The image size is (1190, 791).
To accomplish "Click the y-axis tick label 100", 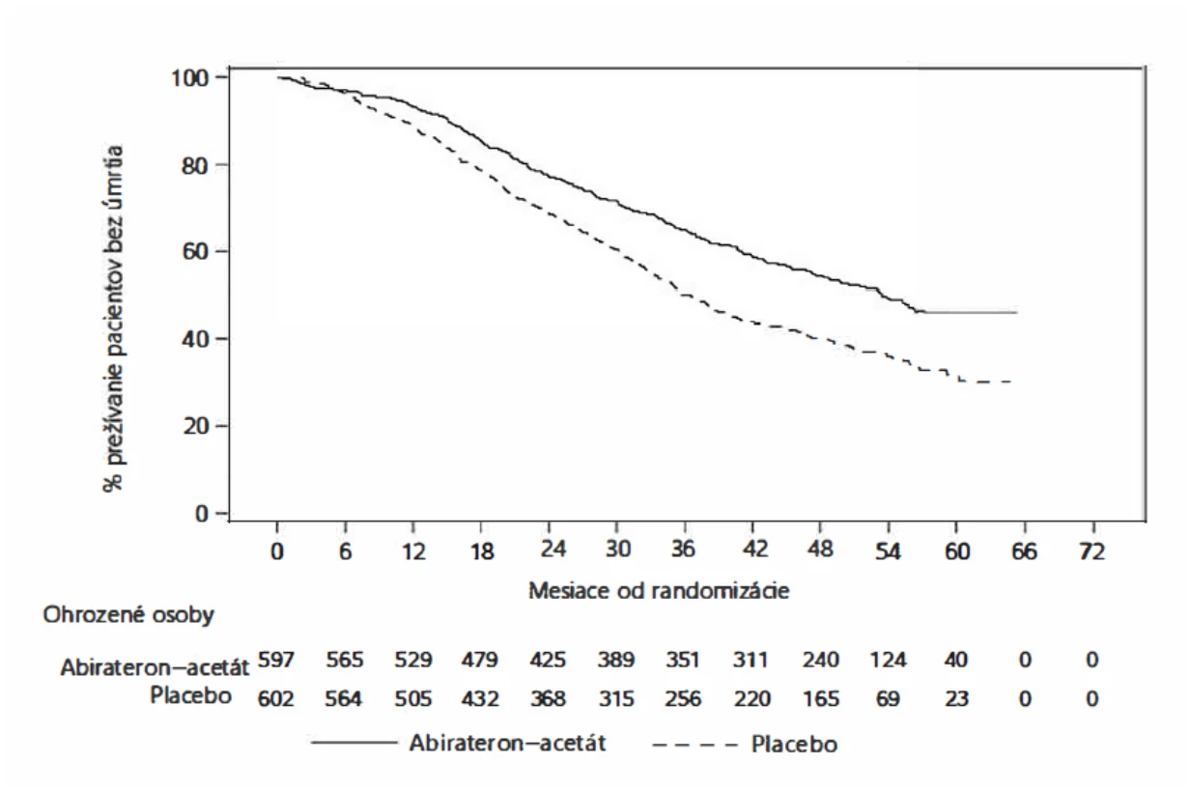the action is [x=189, y=78].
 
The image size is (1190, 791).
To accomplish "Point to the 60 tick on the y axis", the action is [x=195, y=251].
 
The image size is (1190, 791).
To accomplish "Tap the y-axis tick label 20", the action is [x=195, y=426].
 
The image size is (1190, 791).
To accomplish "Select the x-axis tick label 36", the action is [x=683, y=549].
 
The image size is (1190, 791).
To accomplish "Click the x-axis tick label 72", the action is [x=1091, y=551].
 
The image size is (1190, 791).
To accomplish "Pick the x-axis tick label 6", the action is [x=346, y=551].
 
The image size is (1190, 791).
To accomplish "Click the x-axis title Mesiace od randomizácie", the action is [x=659, y=591].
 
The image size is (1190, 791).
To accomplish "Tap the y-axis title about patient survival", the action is [x=113, y=319].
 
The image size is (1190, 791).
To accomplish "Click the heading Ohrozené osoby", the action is [x=128, y=615].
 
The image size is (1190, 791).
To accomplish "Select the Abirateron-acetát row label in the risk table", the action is [x=155, y=667].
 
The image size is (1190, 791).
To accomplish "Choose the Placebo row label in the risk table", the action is [x=190, y=695].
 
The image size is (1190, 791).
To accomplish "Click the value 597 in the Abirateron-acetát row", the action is [x=275, y=660].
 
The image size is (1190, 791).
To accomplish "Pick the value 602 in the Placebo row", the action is [x=275, y=698].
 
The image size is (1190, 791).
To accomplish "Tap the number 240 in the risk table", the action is [x=820, y=660].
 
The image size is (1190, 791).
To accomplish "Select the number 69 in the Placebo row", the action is [x=888, y=698].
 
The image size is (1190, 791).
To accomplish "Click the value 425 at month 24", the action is [x=548, y=660].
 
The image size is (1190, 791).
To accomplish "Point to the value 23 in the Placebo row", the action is [x=956, y=698].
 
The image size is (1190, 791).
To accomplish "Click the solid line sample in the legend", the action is [x=354, y=742].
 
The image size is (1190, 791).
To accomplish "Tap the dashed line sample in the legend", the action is [x=694, y=745].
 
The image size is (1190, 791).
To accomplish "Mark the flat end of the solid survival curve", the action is [x=1017, y=312].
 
